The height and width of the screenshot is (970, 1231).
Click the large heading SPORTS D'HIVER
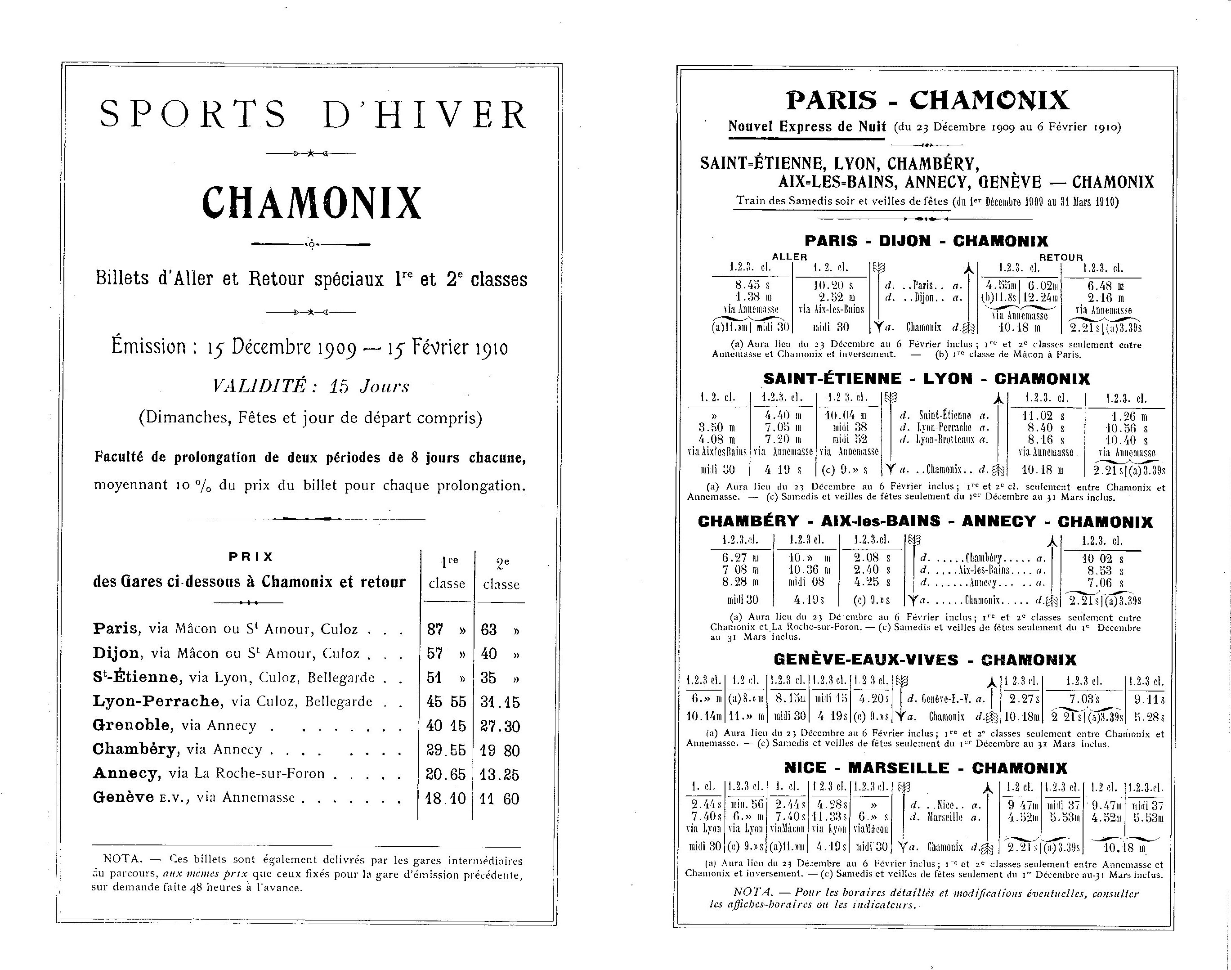(313, 114)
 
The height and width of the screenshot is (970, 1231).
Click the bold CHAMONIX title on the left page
(312, 203)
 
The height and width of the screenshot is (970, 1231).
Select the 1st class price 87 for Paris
(435, 629)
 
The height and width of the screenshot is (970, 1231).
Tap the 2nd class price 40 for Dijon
(489, 654)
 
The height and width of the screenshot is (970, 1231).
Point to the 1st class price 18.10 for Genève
(446, 799)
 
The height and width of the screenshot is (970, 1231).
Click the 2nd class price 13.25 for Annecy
(500, 775)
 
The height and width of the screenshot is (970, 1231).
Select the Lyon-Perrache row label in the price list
(157, 701)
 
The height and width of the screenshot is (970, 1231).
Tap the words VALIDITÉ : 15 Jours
(311, 386)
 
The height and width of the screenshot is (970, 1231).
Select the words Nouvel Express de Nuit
(807, 126)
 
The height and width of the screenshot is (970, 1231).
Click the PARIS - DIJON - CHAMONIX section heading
(926, 241)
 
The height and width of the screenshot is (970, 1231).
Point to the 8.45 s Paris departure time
(750, 285)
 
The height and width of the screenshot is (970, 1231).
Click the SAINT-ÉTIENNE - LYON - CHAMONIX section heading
(926, 379)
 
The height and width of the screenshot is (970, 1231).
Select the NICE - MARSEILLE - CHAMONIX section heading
(925, 768)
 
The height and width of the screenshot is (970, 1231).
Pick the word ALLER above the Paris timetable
(789, 257)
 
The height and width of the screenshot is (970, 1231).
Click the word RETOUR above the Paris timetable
(1061, 257)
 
